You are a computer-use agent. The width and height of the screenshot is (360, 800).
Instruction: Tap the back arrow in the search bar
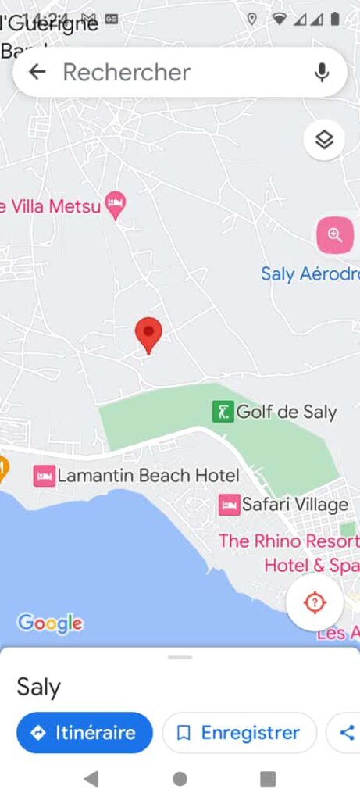point(37,73)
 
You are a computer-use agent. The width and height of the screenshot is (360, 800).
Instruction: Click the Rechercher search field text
point(127,73)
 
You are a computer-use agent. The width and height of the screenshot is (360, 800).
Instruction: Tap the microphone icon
point(322,73)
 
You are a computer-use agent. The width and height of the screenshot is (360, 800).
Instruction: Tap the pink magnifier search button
point(335,235)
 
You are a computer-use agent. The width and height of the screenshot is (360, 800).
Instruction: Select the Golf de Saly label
point(286,412)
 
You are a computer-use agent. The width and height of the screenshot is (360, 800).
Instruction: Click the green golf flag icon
point(223,411)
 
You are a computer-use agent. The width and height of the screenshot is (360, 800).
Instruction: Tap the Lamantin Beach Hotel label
point(148,475)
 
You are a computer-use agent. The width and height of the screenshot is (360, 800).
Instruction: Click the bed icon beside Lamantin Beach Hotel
point(45,475)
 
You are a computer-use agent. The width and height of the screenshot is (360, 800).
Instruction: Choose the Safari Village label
point(294,505)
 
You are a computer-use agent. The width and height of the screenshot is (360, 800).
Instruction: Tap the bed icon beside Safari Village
point(230,505)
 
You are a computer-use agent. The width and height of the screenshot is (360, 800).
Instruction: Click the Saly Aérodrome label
point(310,274)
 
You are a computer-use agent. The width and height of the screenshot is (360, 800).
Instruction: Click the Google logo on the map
point(50,623)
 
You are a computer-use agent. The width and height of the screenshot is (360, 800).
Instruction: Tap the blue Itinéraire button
point(84,733)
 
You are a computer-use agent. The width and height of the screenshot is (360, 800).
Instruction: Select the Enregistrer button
point(239,733)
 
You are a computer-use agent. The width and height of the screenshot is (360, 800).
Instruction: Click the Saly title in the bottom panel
point(38,687)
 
